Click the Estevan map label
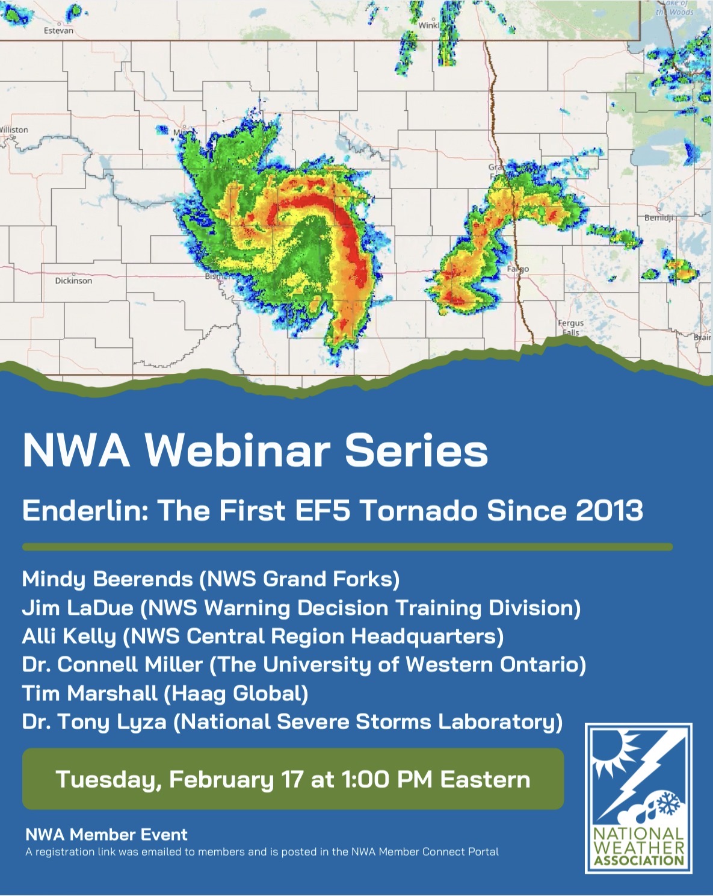[x=58, y=30]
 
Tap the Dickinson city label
[x=73, y=281]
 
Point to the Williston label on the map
[x=14, y=129]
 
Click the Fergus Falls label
[x=570, y=328]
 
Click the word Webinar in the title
[x=238, y=450]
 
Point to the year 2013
[x=609, y=511]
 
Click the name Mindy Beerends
[x=107, y=579]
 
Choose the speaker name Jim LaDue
[x=77, y=608]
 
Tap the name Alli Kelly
[x=69, y=636]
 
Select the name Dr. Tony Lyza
[x=94, y=721]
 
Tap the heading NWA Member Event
[x=106, y=835]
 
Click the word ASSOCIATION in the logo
[x=639, y=860]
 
